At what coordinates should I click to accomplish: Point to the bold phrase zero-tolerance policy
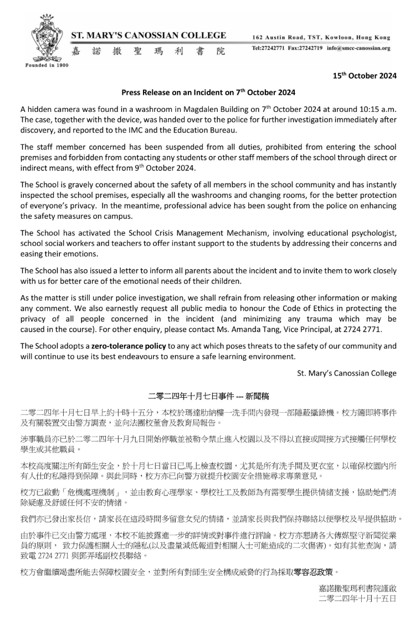112,346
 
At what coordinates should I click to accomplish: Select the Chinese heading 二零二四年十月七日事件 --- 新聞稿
208,396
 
